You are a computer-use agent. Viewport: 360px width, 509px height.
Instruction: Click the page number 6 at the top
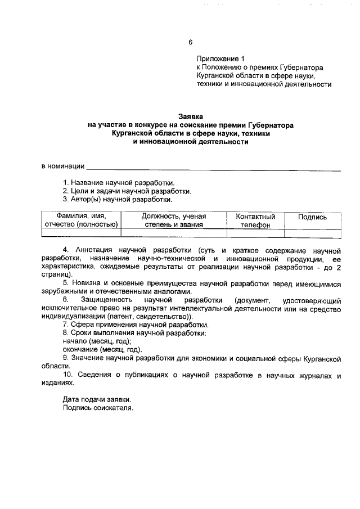point(191,42)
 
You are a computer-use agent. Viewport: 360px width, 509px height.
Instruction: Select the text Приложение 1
point(221,58)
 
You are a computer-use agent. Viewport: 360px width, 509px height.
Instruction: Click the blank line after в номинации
point(214,166)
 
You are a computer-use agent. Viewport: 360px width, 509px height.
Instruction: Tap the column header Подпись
point(312,217)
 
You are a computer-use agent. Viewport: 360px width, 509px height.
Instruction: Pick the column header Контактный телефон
point(255,220)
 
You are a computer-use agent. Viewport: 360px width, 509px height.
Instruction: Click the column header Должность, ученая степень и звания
point(173,220)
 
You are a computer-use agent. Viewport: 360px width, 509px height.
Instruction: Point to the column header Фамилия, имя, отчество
point(81,220)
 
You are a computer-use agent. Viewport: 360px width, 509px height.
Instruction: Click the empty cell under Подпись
point(312,233)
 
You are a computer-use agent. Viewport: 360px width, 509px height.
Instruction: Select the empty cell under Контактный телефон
point(255,233)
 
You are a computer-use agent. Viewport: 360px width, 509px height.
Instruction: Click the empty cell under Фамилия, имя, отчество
point(81,233)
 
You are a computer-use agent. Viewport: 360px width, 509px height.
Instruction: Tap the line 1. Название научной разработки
point(119,183)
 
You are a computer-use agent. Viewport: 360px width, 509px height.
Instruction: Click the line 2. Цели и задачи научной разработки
point(127,191)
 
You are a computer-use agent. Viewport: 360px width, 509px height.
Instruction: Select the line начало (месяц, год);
point(97,341)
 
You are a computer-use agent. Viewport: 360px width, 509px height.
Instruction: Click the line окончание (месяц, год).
point(102,349)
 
